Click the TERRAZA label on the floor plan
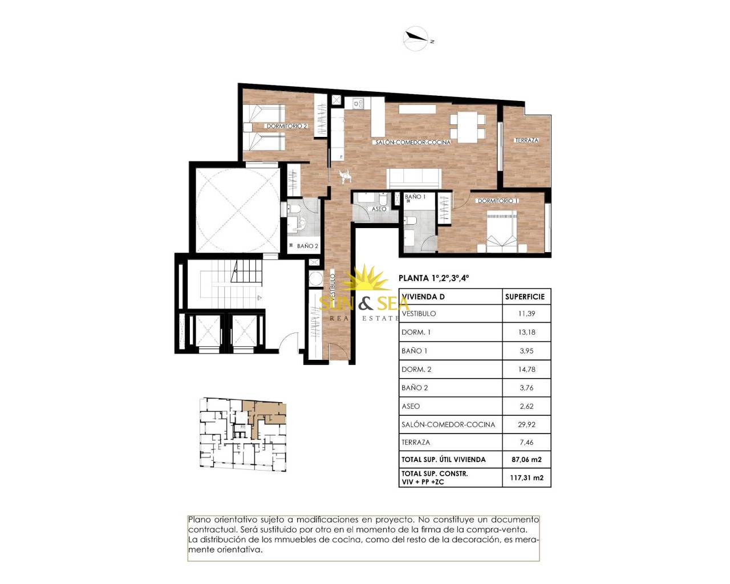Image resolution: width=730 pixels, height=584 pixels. click(x=526, y=140)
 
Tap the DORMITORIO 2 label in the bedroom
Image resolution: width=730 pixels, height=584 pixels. click(x=287, y=126)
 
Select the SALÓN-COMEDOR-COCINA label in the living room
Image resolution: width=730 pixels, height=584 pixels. click(x=413, y=142)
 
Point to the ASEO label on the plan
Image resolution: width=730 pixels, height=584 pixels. click(x=379, y=209)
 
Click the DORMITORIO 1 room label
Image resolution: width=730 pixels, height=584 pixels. click(x=498, y=201)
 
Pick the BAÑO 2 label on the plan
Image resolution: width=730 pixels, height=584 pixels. click(x=307, y=246)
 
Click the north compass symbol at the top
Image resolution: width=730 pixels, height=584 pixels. click(x=417, y=39)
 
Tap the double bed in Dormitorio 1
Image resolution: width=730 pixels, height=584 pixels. click(x=502, y=232)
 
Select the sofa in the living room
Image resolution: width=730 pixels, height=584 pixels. click(x=415, y=179)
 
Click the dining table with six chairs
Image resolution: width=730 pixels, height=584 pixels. click(x=468, y=128)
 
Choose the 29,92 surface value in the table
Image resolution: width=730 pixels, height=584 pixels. click(x=526, y=424)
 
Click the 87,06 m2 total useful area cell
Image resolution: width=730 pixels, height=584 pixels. click(x=526, y=460)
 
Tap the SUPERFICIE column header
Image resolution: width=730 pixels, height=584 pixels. click(x=525, y=297)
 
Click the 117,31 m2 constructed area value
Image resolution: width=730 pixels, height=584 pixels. click(x=526, y=478)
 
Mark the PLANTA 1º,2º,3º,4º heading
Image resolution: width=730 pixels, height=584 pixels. click(x=434, y=278)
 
